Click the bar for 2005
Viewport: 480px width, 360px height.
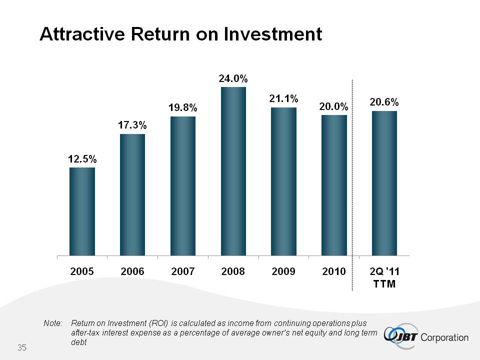coord(82,211)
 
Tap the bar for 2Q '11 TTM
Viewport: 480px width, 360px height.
coord(384,183)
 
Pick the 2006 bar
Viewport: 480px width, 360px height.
coord(132,194)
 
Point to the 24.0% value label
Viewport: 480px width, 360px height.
coord(233,78)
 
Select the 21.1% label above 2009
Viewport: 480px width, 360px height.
coord(283,99)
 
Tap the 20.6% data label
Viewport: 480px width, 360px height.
coord(384,102)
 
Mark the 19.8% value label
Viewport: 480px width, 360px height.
coord(183,108)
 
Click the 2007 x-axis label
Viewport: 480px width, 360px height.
coord(183,272)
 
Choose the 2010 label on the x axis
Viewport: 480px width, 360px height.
coord(333,271)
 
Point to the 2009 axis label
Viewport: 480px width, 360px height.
coord(283,271)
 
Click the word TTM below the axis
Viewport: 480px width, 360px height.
coord(384,284)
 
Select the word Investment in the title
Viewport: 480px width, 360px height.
coord(272,34)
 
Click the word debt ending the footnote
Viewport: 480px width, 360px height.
coord(79,343)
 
